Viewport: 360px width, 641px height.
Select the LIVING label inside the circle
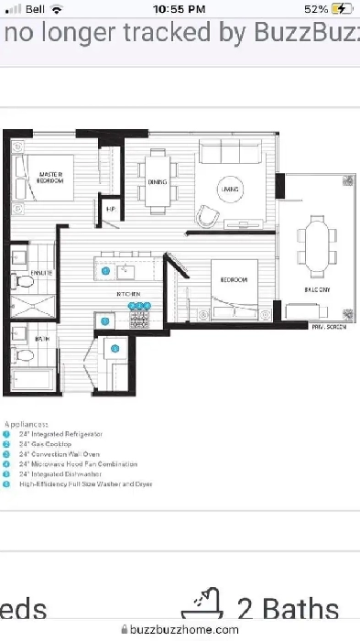228,189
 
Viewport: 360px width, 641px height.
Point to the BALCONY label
317,289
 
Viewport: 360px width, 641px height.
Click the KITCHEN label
126,293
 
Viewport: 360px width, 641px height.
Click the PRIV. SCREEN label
329,326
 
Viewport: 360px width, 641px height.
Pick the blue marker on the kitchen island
105,271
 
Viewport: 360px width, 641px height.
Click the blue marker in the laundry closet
115,348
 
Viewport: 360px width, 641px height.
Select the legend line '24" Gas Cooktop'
46,441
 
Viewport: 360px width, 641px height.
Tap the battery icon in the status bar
341,8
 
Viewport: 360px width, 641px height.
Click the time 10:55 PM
180,8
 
